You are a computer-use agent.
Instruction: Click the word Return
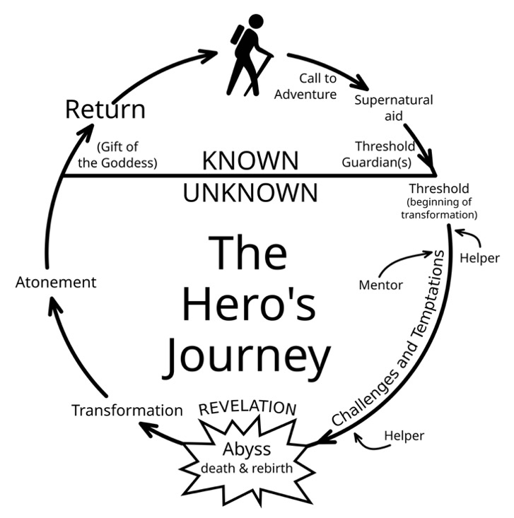click(x=105, y=110)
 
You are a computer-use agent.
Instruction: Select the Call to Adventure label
click(x=305, y=86)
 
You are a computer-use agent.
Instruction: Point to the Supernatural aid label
click(x=393, y=107)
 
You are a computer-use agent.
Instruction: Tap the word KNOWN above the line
click(x=250, y=160)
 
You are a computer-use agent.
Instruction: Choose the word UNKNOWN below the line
click(x=250, y=192)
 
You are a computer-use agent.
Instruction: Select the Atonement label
click(x=56, y=282)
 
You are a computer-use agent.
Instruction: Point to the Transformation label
click(x=127, y=410)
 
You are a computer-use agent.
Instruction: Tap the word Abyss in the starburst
click(x=246, y=449)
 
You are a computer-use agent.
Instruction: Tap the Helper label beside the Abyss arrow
click(x=404, y=436)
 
